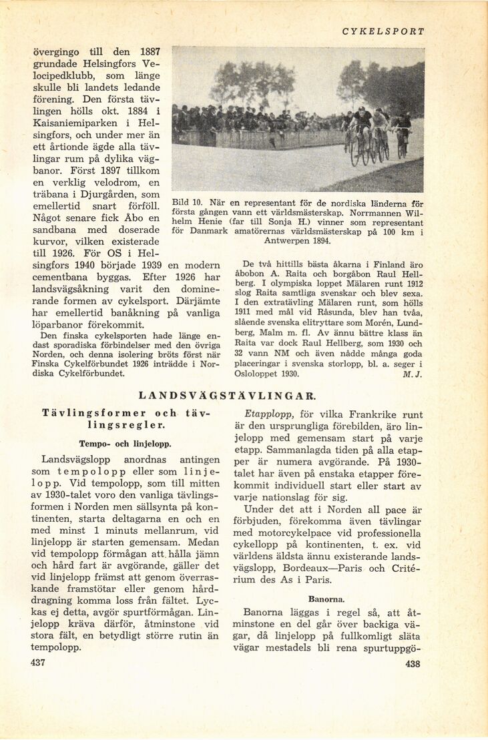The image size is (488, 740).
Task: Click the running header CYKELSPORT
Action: pos(383,31)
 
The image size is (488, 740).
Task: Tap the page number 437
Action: pos(37,663)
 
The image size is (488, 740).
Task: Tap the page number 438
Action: pos(413,663)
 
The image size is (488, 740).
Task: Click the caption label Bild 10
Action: pos(187,203)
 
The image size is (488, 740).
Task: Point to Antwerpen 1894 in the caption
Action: pos(296,240)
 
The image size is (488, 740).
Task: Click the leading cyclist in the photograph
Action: pos(362,130)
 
